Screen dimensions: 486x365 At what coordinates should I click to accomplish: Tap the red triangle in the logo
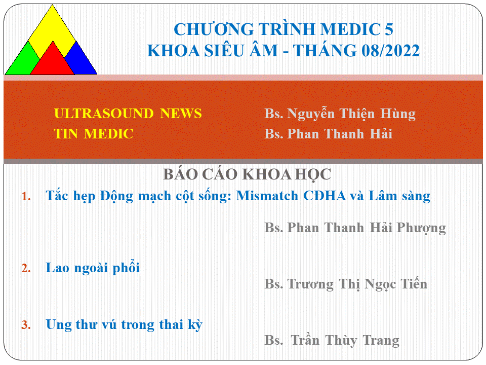pyautogui.click(x=52, y=62)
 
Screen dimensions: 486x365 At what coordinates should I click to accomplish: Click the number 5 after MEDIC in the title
pyautogui.click(x=389, y=29)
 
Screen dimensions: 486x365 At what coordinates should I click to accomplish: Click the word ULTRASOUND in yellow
pyautogui.click(x=103, y=114)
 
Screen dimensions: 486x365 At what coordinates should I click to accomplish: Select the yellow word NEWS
pyautogui.click(x=181, y=114)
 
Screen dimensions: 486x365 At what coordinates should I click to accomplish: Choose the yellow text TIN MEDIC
pyautogui.click(x=94, y=134)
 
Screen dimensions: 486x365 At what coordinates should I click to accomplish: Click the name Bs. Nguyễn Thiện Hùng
pyautogui.click(x=340, y=114)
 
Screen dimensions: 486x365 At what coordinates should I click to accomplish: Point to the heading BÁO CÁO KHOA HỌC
pyautogui.click(x=247, y=174)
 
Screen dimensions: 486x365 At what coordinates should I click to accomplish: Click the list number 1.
pyautogui.click(x=26, y=197)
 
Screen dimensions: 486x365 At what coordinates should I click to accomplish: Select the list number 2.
pyautogui.click(x=26, y=268)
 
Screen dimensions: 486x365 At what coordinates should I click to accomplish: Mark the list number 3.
pyautogui.click(x=26, y=325)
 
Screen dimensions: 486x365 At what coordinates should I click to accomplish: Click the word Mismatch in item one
pyautogui.click(x=267, y=196)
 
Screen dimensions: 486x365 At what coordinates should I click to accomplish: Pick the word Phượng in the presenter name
pyautogui.click(x=421, y=228)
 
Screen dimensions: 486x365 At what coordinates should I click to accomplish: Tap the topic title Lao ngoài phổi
pyautogui.click(x=93, y=268)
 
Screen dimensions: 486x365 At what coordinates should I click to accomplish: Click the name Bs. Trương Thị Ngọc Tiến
pyautogui.click(x=346, y=284)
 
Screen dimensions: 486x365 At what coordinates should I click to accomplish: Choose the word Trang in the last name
pyautogui.click(x=381, y=341)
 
